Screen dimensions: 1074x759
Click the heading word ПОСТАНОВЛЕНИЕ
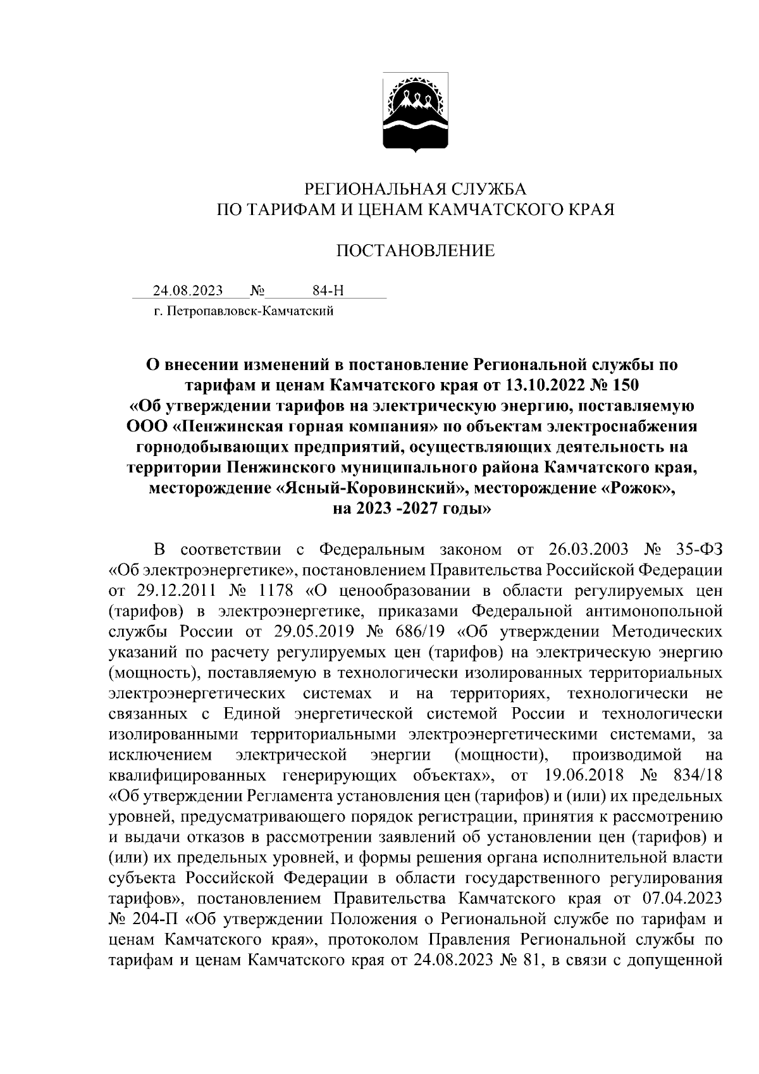pyautogui.click(x=415, y=251)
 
